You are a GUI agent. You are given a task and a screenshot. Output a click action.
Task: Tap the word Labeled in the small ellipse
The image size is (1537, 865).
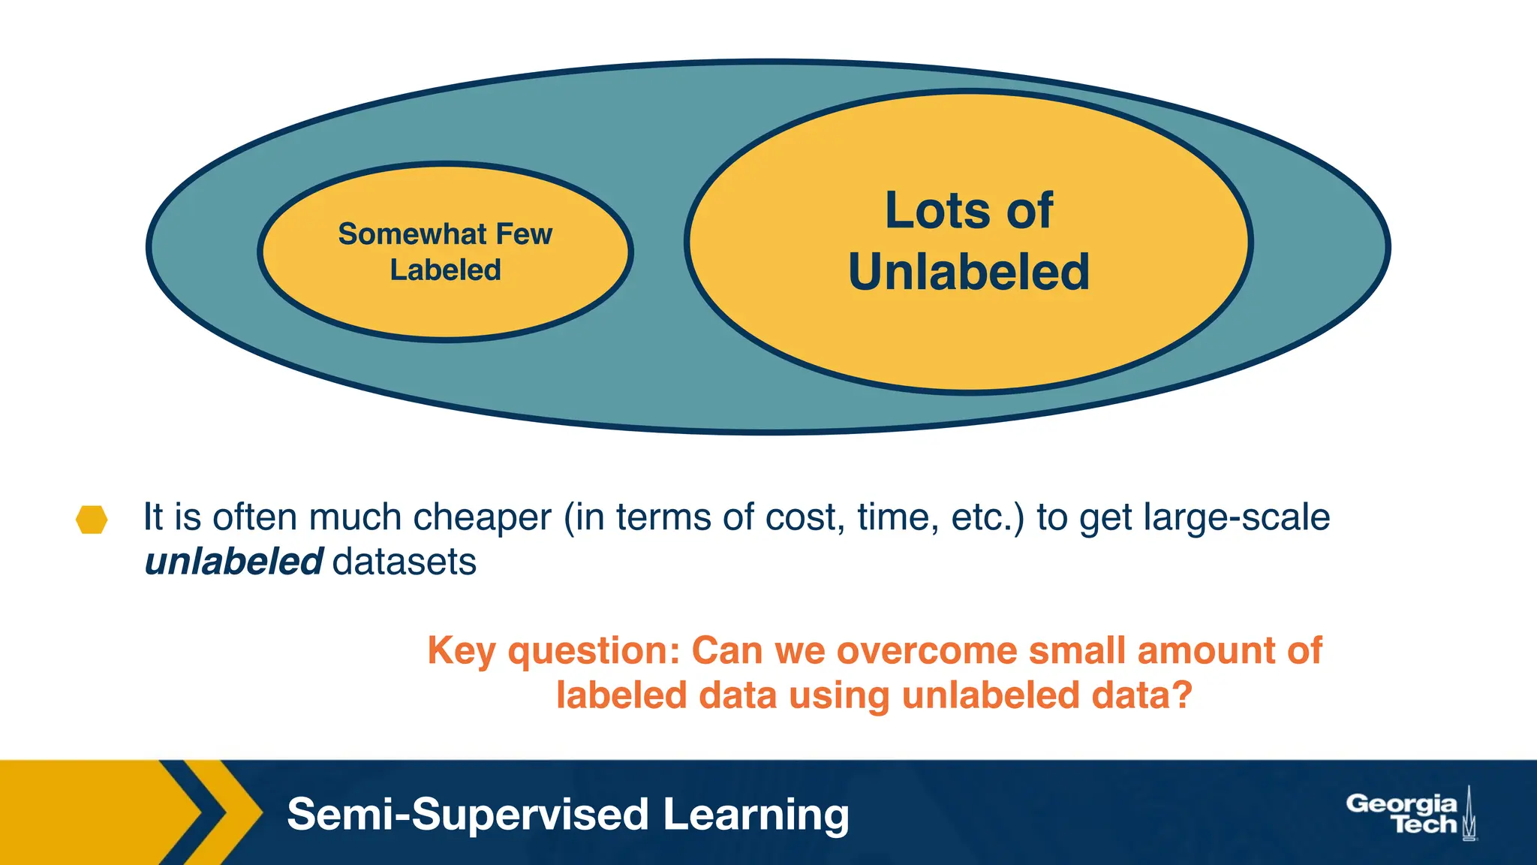445,270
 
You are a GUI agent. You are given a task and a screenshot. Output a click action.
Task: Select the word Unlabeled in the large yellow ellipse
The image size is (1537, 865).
968,272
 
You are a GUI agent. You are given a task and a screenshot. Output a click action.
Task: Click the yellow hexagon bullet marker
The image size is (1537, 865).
92,520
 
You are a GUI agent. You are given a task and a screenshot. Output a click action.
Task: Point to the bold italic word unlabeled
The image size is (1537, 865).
233,562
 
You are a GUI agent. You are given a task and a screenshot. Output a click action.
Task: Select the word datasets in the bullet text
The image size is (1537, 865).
405,562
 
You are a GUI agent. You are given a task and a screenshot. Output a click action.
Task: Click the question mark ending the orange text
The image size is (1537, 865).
1183,695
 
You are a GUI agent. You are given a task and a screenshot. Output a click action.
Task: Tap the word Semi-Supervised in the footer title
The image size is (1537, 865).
468,815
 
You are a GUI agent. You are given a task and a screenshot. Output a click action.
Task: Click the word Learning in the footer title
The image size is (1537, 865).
756,815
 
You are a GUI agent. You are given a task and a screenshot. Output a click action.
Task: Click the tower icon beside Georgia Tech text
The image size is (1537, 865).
1469,814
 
